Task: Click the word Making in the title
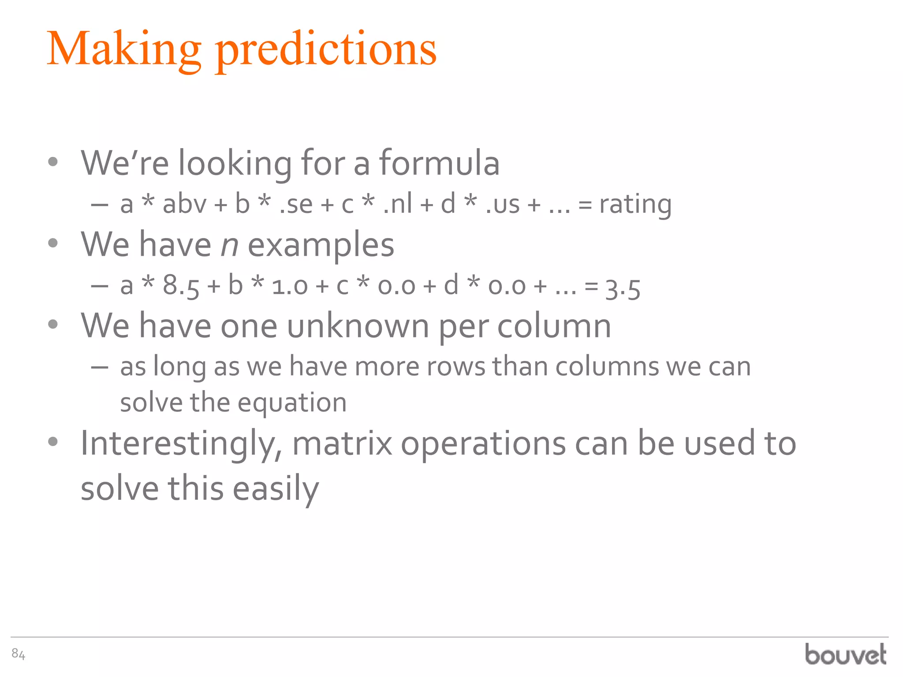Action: pos(123,49)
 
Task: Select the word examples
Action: pos(321,245)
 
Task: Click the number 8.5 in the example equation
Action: pos(181,286)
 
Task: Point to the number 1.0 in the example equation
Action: pos(290,286)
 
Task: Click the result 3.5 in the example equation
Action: pos(623,289)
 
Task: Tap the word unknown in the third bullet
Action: pos(358,326)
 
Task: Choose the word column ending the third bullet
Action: pos(554,326)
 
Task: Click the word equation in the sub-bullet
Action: pos(292,403)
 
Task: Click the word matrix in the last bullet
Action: pos(342,443)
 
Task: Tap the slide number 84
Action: pos(18,654)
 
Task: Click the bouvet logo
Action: pos(845,655)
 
